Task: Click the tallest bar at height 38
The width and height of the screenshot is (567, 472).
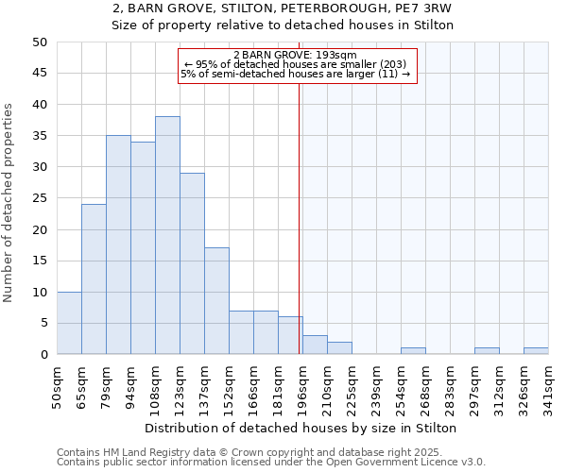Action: click(167, 235)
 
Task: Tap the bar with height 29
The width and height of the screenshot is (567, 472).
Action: click(192, 263)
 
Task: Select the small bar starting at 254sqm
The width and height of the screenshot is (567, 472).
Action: click(413, 351)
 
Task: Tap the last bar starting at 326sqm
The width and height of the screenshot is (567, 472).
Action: click(536, 351)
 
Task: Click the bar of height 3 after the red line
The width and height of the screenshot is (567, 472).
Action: click(315, 345)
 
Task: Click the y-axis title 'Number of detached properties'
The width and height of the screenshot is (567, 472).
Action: click(9, 203)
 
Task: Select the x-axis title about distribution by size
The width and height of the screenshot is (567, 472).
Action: click(302, 429)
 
